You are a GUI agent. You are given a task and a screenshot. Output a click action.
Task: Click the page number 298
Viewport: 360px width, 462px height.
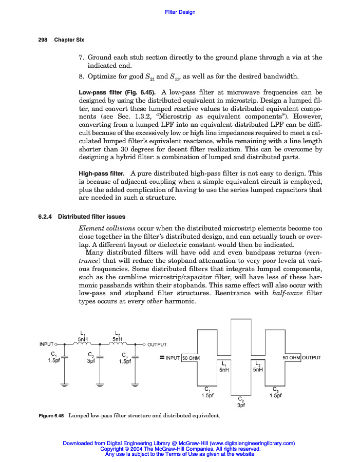(x=43, y=40)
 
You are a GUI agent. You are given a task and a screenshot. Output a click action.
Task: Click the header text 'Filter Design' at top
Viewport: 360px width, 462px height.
(x=180, y=12)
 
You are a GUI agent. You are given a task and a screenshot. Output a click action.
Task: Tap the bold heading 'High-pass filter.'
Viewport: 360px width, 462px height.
(x=101, y=174)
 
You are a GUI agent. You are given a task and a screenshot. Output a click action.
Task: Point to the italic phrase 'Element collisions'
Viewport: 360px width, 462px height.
(x=107, y=228)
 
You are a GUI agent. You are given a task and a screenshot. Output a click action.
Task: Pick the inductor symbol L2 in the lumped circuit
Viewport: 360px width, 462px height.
(x=118, y=344)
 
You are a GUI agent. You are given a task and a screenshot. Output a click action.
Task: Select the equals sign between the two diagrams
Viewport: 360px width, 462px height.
(x=161, y=357)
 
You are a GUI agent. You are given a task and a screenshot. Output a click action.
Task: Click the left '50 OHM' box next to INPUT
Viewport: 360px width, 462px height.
(x=191, y=357)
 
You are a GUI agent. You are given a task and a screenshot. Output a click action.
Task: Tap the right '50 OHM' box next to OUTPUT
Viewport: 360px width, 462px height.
(x=291, y=357)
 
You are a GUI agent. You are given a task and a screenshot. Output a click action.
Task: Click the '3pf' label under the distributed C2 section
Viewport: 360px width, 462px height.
(x=241, y=405)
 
